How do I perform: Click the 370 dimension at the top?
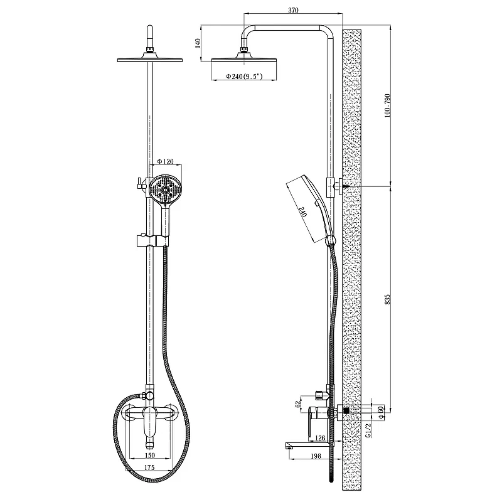(293, 10)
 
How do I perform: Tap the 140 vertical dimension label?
(198, 43)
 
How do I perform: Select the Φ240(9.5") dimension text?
(244, 76)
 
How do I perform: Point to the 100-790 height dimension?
(387, 105)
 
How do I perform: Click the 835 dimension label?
(387, 299)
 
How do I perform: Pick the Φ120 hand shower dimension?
(166, 161)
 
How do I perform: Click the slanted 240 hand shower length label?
(303, 211)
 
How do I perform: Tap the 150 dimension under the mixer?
(149, 456)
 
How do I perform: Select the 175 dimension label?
(149, 467)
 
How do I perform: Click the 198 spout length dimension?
(316, 456)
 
